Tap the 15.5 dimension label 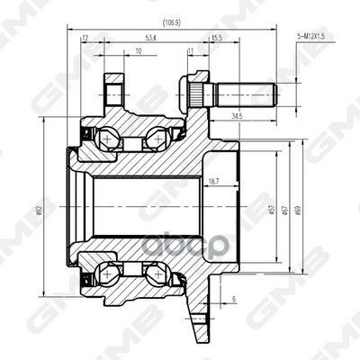[216, 39]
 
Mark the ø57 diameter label [271, 210]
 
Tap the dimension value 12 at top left [84, 39]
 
